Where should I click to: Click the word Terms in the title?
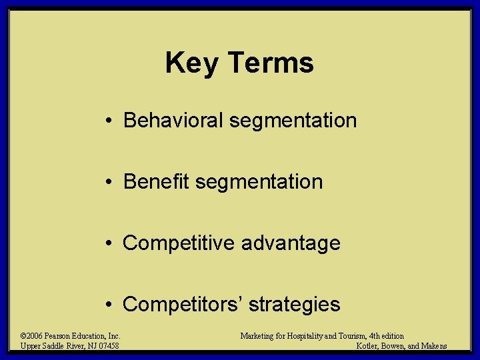(x=271, y=63)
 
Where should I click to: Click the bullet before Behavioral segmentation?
(x=107, y=121)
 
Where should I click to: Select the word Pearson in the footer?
(x=58, y=336)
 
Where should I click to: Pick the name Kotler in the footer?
(x=370, y=346)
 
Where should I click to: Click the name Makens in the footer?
(x=433, y=346)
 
